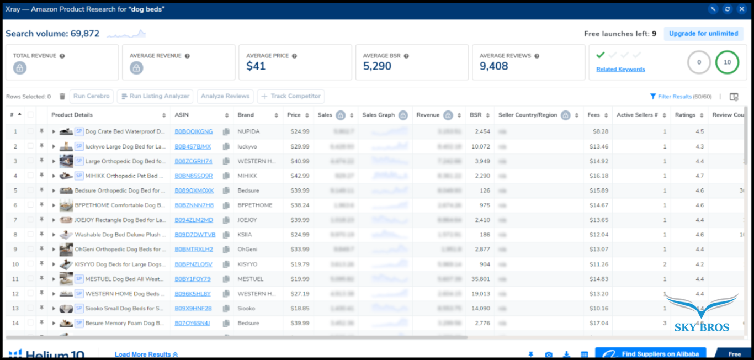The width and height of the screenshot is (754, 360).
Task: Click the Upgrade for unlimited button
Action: [x=703, y=34]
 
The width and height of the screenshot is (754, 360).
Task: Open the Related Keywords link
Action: [x=620, y=70]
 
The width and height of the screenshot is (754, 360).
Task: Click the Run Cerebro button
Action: [x=92, y=96]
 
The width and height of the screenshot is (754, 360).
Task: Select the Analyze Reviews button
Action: [x=225, y=96]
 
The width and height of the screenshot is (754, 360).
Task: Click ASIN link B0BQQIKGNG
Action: [x=193, y=132]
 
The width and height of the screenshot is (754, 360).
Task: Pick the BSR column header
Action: [x=476, y=115]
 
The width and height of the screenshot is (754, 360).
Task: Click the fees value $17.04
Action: [x=598, y=323]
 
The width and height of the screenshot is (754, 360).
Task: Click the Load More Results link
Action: [x=146, y=354]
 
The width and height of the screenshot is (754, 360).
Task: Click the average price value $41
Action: [x=256, y=66]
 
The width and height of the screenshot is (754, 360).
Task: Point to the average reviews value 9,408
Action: [x=494, y=66]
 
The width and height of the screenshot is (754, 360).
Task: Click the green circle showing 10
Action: [x=727, y=62]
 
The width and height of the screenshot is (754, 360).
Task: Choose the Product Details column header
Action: [x=72, y=115]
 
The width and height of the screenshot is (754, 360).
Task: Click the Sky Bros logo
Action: [x=702, y=315]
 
